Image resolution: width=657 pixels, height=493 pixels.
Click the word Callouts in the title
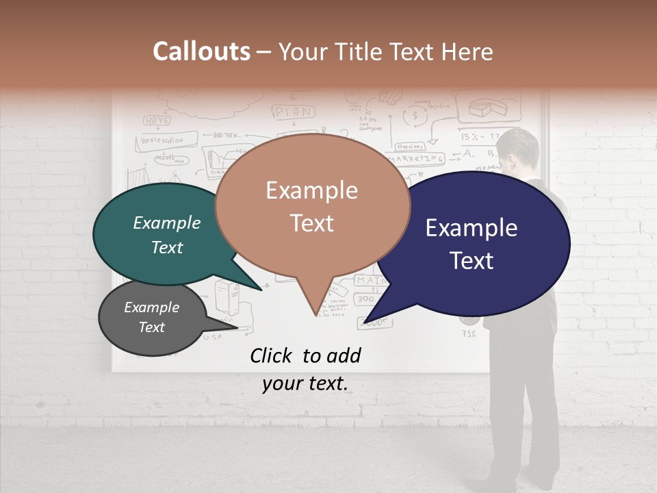201,51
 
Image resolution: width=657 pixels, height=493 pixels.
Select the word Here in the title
467,51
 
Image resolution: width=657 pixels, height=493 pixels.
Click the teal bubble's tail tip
261,289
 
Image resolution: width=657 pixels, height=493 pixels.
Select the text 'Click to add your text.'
305,370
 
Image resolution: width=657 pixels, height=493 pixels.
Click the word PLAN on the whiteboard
294,111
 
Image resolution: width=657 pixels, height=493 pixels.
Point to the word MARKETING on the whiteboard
415,159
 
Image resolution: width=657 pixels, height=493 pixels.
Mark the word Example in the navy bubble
472,228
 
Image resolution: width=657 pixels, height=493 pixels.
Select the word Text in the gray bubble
152,327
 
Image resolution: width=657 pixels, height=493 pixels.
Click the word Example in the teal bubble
167,223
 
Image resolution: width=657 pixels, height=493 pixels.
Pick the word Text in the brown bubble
312,223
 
